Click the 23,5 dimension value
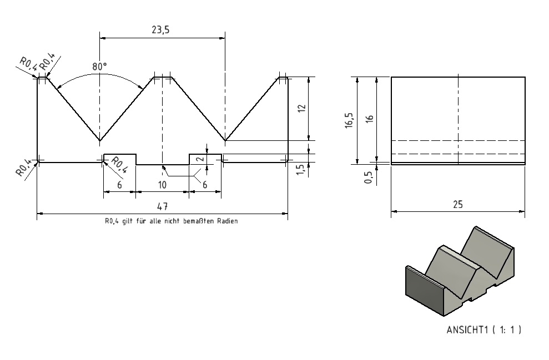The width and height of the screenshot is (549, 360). tap(160, 30)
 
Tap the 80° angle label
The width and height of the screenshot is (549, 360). tap(99, 67)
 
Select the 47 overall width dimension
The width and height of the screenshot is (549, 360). tap(162, 206)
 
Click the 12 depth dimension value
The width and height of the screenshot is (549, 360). tap(303, 108)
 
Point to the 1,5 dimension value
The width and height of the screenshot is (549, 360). tap(300, 170)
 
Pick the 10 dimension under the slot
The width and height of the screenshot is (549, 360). tap(162, 185)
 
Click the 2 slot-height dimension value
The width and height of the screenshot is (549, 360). tap(200, 159)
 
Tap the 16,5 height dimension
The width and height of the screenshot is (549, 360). tap(349, 120)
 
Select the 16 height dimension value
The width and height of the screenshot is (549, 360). tap(369, 119)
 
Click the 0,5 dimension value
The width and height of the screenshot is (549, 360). tap(369, 178)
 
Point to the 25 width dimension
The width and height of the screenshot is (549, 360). tap(457, 204)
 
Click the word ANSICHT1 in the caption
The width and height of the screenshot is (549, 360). tap(467, 329)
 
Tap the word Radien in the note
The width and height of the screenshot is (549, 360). tap(227, 221)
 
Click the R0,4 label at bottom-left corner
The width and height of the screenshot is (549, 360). tap(23, 168)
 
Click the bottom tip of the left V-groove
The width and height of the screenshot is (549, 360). tap(100, 141)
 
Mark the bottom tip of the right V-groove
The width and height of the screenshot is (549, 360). tap(225, 141)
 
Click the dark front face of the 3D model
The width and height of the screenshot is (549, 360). tap(424, 290)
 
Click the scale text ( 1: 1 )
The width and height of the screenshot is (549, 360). tap(507, 329)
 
